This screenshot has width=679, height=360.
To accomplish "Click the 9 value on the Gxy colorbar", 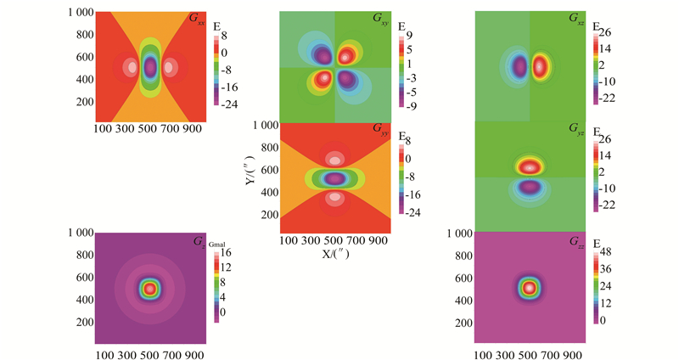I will click(410, 36).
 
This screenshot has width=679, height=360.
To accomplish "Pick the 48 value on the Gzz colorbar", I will click(609, 252).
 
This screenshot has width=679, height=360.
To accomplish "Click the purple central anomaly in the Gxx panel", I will click(150, 66).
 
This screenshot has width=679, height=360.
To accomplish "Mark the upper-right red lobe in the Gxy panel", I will click(346, 55).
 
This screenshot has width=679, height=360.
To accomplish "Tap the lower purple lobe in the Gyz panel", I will click(530, 187).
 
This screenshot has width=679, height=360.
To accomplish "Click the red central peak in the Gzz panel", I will click(530, 287).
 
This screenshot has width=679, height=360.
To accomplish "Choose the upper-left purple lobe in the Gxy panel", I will click(323, 55).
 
